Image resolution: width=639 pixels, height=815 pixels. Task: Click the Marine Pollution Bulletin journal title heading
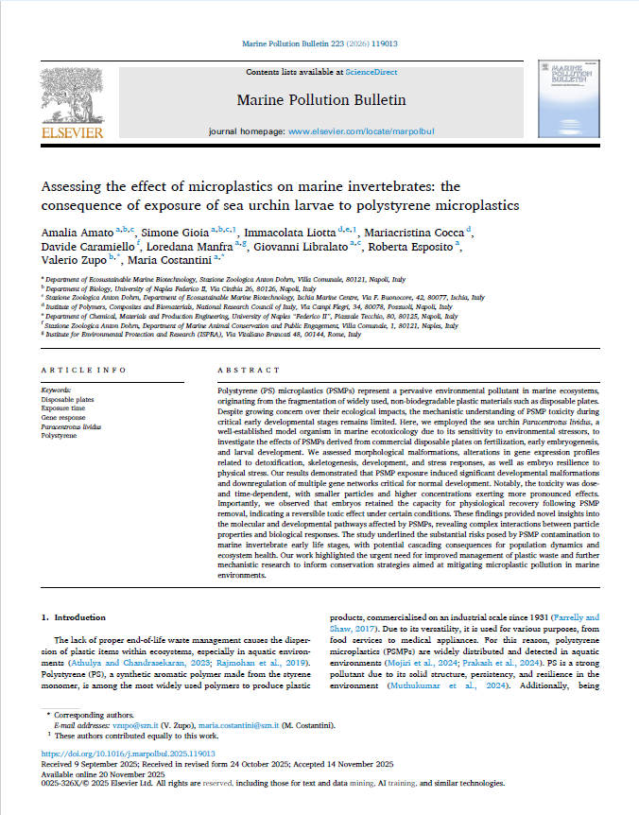(x=320, y=99)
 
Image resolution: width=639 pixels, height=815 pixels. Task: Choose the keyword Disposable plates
(x=68, y=398)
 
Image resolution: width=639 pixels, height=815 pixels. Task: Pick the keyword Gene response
(x=63, y=417)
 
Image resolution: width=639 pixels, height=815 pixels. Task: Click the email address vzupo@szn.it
(x=131, y=720)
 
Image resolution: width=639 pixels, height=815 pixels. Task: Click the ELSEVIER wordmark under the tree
(x=72, y=133)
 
